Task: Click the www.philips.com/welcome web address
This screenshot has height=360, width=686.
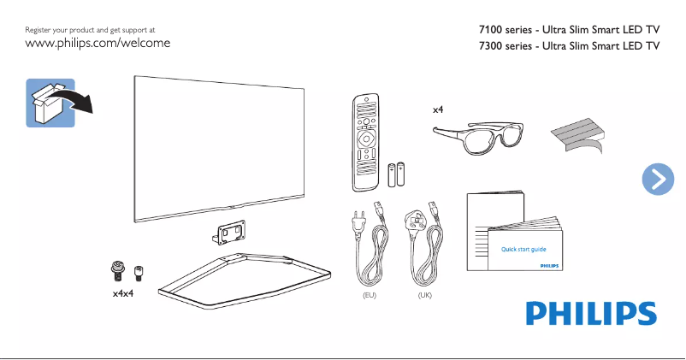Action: point(98,43)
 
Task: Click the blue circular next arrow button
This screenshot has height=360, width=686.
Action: point(657,178)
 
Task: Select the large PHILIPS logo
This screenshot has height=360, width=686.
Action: point(589,313)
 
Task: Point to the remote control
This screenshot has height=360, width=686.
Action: point(365,142)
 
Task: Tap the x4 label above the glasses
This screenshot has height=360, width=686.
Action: point(438,110)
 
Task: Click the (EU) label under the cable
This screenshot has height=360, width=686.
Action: point(370,294)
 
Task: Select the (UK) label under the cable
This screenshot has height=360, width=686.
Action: point(424,294)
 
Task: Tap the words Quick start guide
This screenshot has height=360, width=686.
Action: point(523,249)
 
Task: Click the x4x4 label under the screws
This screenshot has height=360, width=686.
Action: point(124,293)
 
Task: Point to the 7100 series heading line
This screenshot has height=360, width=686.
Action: point(570,31)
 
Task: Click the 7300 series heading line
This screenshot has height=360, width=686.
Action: point(570,47)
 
